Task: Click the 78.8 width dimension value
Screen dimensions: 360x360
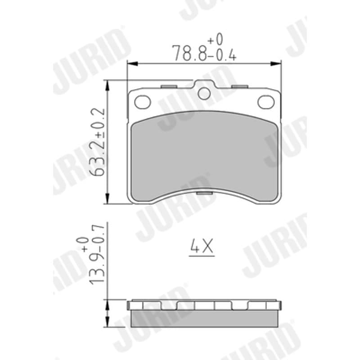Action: pyautogui.click(x=189, y=53)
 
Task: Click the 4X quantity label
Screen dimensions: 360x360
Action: pyautogui.click(x=202, y=246)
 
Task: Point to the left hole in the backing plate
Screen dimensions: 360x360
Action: pyautogui.click(x=142, y=102)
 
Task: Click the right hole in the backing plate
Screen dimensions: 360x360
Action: pyautogui.click(x=266, y=102)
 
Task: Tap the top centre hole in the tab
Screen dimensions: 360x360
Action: pyautogui.click(x=204, y=94)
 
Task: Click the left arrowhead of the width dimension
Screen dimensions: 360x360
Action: pyautogui.click(x=132, y=63)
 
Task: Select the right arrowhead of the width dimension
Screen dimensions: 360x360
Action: pyautogui.click(x=276, y=63)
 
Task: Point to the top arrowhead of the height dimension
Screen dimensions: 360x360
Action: pyautogui.click(x=107, y=85)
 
